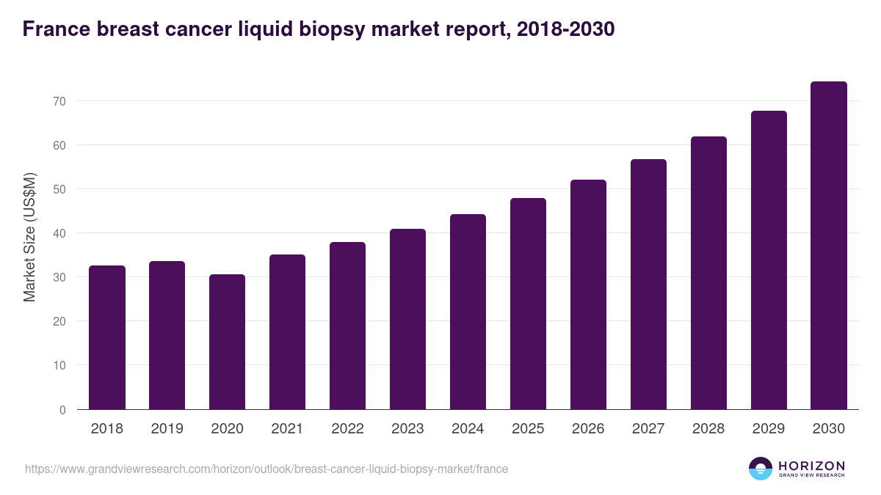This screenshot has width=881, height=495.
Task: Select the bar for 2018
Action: (x=107, y=337)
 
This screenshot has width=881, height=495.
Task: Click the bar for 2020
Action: (x=228, y=342)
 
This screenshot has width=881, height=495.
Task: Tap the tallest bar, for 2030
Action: (x=829, y=246)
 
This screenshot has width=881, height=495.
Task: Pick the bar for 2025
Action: (x=529, y=304)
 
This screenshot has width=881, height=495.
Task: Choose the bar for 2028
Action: (x=708, y=273)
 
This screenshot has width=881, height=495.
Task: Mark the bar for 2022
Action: (x=348, y=326)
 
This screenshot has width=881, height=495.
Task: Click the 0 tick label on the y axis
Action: (x=62, y=410)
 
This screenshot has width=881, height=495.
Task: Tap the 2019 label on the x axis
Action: (x=167, y=429)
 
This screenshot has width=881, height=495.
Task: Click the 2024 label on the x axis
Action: (x=468, y=429)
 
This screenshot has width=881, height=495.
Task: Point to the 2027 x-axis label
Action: (x=648, y=429)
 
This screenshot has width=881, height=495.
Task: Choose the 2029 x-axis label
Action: (x=769, y=429)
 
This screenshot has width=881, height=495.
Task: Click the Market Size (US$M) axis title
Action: (x=29, y=238)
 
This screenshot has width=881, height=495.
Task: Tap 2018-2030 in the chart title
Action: (x=565, y=29)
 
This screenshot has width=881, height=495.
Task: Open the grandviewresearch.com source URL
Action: (x=267, y=469)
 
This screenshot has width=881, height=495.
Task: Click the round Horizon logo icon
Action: (x=761, y=469)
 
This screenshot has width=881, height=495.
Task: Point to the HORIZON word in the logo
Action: (x=811, y=465)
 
